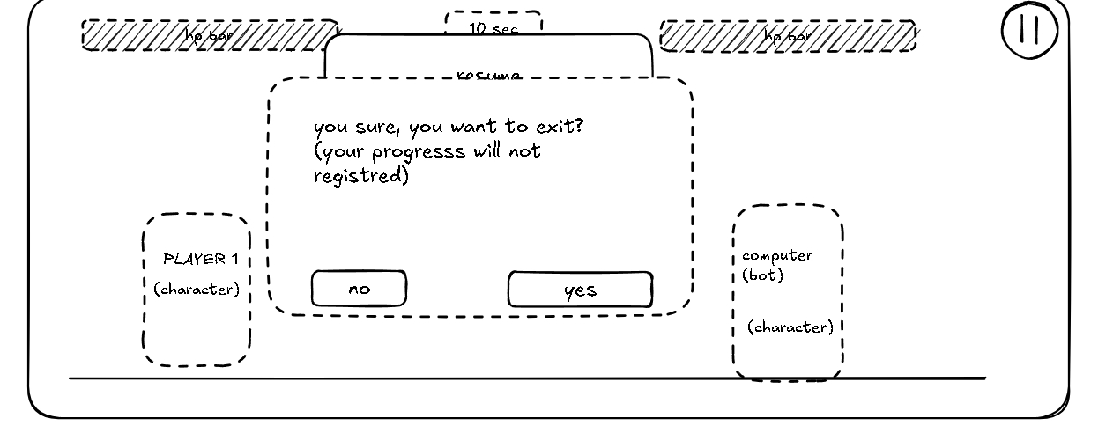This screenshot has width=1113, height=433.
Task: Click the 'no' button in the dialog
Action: coord(359,289)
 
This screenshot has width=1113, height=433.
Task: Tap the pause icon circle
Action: coord(1028,28)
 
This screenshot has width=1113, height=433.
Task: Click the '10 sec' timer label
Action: coord(493,28)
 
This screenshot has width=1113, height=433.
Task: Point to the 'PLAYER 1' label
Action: coord(201,259)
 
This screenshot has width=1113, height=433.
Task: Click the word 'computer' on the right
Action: coord(777,256)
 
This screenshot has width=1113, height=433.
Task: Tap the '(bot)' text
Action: coord(762,275)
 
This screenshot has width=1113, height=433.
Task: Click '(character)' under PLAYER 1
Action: coord(197,289)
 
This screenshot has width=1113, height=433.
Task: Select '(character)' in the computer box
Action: coord(790,327)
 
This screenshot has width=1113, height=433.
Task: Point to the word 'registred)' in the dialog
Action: coord(361,176)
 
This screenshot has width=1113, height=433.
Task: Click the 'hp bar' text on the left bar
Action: coord(209,35)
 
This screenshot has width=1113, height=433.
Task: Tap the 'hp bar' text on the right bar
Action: coord(787,36)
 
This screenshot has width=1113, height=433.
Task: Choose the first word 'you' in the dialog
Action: coord(330,128)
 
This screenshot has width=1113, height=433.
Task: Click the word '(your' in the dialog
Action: coord(339,152)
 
